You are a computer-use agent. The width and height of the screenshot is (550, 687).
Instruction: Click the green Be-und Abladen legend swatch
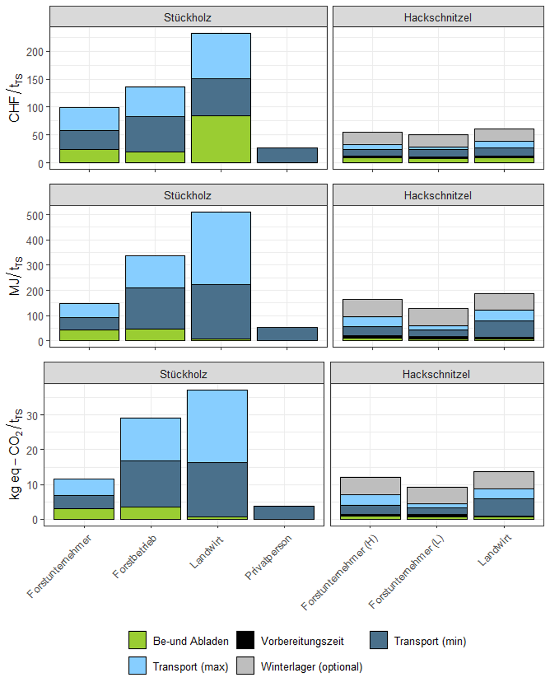(137, 640)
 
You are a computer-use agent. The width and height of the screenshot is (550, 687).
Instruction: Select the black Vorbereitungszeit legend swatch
(245, 640)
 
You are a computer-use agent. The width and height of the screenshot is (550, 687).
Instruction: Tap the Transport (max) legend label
(190, 666)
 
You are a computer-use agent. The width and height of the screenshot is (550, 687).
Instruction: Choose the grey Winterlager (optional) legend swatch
(245, 665)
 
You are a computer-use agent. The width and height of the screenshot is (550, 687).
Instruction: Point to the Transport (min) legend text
(430, 641)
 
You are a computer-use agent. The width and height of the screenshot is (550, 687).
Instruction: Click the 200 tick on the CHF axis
(34, 52)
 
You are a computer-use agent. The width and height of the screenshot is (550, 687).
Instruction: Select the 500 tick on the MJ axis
(34, 215)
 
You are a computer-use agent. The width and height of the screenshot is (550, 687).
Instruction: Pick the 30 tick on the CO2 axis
(32, 415)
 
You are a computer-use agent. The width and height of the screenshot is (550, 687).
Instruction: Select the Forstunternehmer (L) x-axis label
(406, 572)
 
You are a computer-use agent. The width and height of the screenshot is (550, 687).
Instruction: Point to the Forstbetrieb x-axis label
(135, 556)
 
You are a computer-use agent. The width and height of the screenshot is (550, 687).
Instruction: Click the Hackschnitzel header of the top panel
(438, 17)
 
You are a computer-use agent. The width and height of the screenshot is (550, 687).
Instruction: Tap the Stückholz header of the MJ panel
(188, 196)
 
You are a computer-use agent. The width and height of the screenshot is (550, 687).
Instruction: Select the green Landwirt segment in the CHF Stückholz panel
(221, 139)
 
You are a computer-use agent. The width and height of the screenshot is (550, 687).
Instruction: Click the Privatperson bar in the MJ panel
(287, 334)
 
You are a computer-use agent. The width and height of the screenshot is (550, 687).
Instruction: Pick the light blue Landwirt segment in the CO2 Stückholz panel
(217, 426)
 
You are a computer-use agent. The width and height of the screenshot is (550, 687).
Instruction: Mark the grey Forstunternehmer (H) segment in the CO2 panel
(370, 486)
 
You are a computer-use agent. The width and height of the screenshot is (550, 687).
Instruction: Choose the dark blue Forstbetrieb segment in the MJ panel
(155, 308)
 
